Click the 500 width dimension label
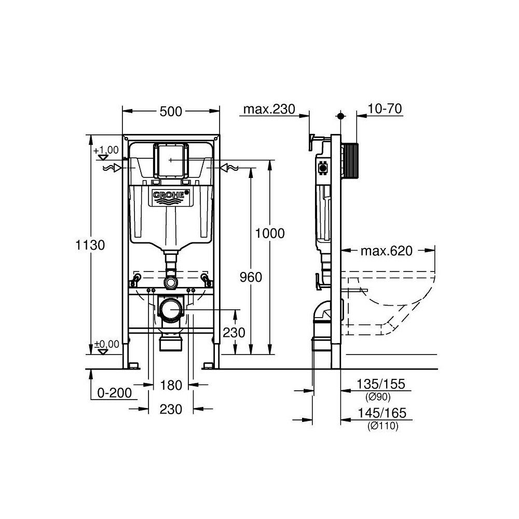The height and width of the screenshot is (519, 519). [x=171, y=112]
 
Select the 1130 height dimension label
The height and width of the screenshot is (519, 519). [x=90, y=245]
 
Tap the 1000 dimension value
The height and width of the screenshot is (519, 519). [x=270, y=234]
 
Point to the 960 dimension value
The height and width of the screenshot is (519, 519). [x=251, y=277]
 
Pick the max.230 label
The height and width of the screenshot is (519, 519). [x=269, y=109]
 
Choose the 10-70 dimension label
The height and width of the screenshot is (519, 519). [x=385, y=108]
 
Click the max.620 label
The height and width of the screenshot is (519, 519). [x=387, y=251]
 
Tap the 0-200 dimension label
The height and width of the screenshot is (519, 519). [x=115, y=392]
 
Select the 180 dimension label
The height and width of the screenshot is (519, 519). [x=171, y=385]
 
